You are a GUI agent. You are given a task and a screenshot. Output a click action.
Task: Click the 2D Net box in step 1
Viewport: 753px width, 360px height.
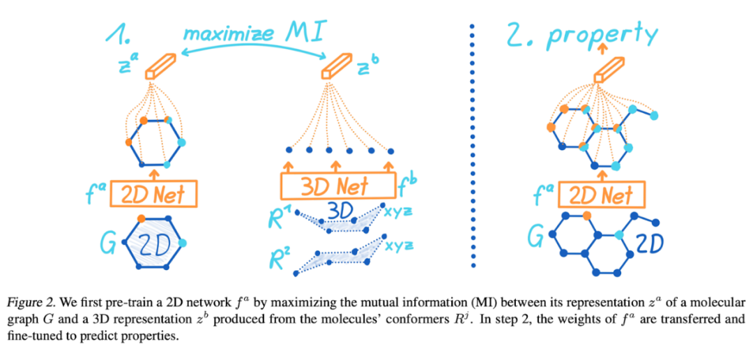[153, 193]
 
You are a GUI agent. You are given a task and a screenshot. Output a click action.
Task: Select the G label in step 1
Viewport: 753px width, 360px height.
[109, 244]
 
